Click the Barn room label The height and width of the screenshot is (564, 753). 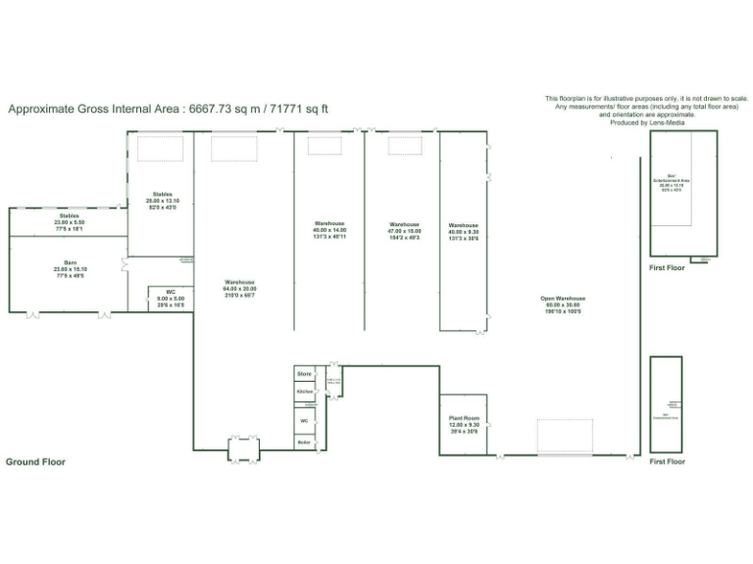point(71,263)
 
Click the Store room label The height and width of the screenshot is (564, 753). point(304,373)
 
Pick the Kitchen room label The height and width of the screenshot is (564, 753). point(304,391)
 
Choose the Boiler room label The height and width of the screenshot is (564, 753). point(304,443)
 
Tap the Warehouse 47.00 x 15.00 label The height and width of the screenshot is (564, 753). point(404,224)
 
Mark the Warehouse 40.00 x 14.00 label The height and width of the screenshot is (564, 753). point(329,224)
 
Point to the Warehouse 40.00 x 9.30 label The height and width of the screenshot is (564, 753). point(463,225)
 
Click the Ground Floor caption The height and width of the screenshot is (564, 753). point(35,461)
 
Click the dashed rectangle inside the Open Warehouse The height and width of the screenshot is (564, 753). point(564,436)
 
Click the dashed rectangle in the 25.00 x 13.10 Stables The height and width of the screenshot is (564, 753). point(159,149)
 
